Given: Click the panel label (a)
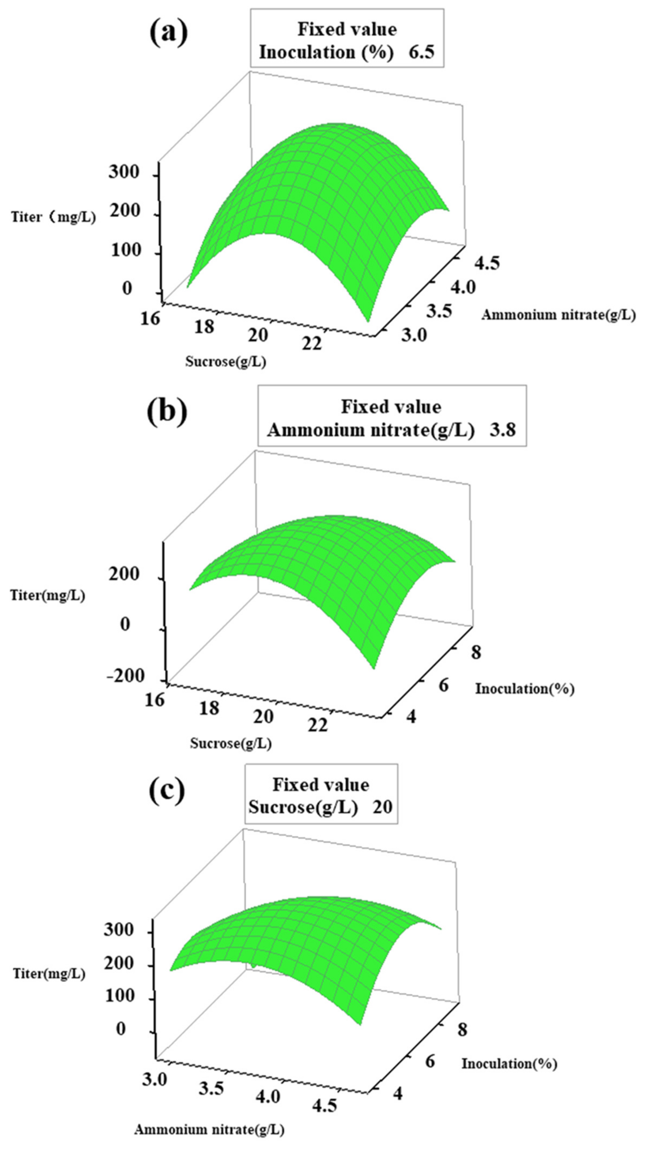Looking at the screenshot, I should tap(168, 34).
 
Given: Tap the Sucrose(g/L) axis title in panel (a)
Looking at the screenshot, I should tap(226, 361).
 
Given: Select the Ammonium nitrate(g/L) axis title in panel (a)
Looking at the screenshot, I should tap(558, 315).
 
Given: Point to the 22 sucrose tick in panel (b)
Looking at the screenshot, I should tap(317, 725).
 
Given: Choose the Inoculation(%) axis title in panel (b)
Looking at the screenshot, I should tap(524, 688).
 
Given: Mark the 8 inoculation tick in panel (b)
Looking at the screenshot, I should tap(476, 653).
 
